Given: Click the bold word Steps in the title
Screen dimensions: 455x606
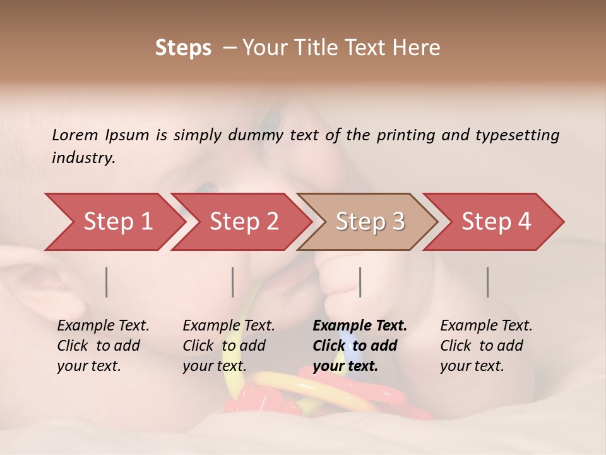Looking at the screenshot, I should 183,48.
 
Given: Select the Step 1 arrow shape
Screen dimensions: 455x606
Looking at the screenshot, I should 114,222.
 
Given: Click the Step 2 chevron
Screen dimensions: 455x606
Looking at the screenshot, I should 243,222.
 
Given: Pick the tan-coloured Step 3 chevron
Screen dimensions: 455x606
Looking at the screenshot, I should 369,222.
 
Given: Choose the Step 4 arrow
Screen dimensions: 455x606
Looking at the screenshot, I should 496,222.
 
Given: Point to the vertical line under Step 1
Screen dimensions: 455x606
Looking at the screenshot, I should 107,282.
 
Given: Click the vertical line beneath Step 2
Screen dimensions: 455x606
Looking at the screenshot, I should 233,282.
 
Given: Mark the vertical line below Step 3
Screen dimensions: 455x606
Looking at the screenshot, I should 360,282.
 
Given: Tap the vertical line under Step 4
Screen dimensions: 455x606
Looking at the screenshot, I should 488,282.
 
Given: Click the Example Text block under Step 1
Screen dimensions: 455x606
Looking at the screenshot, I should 103,346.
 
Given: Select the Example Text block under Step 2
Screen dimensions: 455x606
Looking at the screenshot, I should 229,346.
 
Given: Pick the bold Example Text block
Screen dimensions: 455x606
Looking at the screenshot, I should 359,346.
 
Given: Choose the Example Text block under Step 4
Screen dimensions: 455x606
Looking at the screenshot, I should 486,346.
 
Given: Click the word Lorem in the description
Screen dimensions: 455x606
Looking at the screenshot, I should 74,135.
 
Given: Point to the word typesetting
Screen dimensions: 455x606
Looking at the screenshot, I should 517,135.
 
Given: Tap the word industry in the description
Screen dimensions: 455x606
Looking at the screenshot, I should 83,158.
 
